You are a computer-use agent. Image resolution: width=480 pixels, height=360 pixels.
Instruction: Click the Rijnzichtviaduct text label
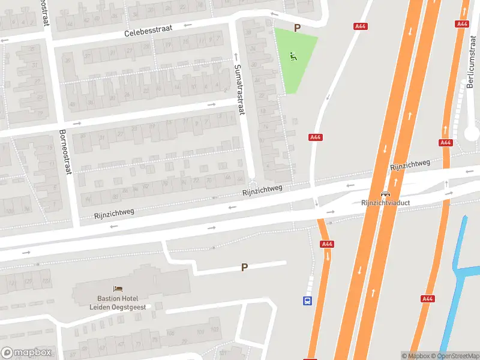pyautogui.click(x=385, y=203)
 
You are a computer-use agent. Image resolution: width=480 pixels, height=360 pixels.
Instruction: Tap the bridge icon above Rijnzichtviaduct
pyautogui.click(x=385, y=194)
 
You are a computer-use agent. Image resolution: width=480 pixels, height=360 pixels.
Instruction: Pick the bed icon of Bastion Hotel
pyautogui.click(x=118, y=289)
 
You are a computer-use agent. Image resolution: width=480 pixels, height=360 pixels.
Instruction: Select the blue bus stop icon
pyautogui.click(x=307, y=301)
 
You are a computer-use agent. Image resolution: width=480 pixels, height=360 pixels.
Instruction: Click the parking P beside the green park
pyautogui.click(x=296, y=28)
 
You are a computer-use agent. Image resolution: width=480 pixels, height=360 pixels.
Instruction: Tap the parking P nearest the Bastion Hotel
pyautogui.click(x=244, y=268)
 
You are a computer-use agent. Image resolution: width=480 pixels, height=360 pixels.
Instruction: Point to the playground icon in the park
pyautogui.click(x=293, y=57)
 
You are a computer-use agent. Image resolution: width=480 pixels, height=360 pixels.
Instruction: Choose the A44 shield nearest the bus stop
pyautogui.click(x=327, y=244)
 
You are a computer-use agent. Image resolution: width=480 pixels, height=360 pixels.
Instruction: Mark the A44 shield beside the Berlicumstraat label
pyautogui.click(x=461, y=24)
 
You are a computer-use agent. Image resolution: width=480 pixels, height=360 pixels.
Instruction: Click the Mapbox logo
pyautogui.click(x=26, y=353)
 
